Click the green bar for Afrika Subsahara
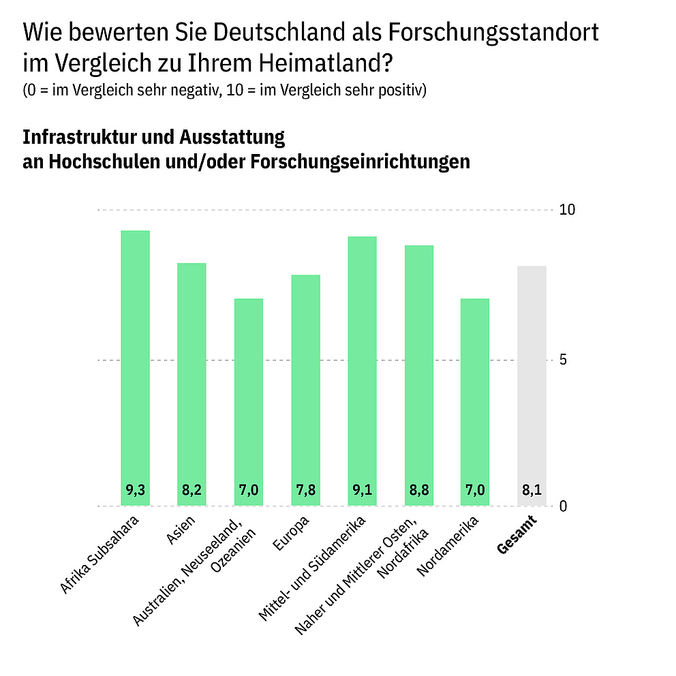coord(135,368)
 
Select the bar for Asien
coord(191,384)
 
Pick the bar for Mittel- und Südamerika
coord(362,371)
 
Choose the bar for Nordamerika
coord(475,402)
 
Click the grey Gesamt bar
coord(532,386)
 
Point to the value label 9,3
coord(135,490)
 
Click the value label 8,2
coord(191,490)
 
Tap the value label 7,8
coord(305,490)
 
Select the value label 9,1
coord(362,490)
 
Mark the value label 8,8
coord(418,490)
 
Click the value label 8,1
coord(532,490)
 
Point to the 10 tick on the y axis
coord(567,210)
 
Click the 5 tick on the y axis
coord(564,360)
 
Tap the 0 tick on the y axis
coord(564,506)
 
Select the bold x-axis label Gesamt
coord(517,535)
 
